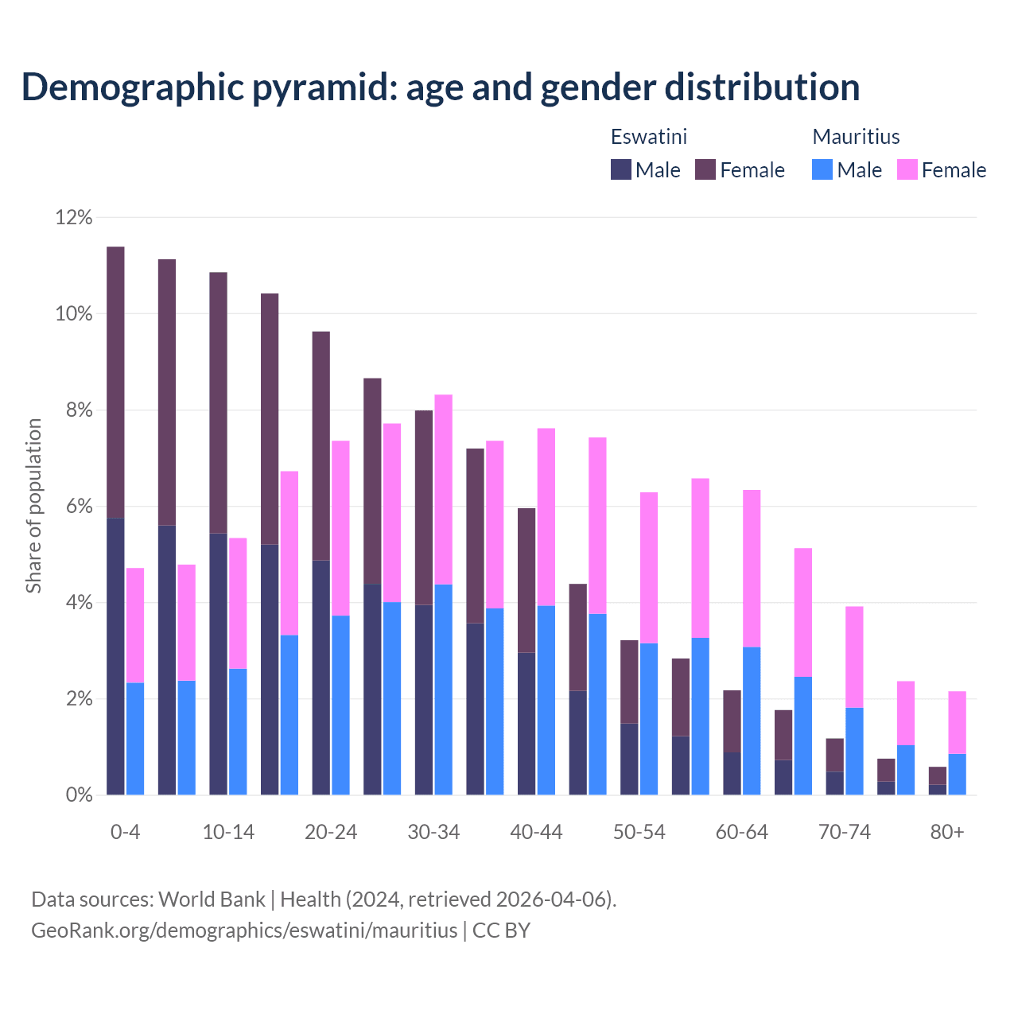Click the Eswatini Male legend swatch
coord(621,169)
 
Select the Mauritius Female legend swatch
coord(907,169)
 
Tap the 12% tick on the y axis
coord(74,217)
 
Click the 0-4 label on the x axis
coord(126,832)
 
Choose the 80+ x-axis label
coord(947,832)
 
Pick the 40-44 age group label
coord(536,832)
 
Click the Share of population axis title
coord(33,506)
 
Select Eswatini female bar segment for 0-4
coord(115,382)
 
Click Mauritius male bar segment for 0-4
coord(135,738)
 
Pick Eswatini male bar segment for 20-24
coord(321,677)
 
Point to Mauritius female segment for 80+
coord(957,722)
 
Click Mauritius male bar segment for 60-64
coord(752,721)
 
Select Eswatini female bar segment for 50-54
coord(629,682)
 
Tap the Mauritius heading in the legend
coord(856,137)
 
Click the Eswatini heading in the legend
coord(648,137)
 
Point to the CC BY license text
coord(501,931)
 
